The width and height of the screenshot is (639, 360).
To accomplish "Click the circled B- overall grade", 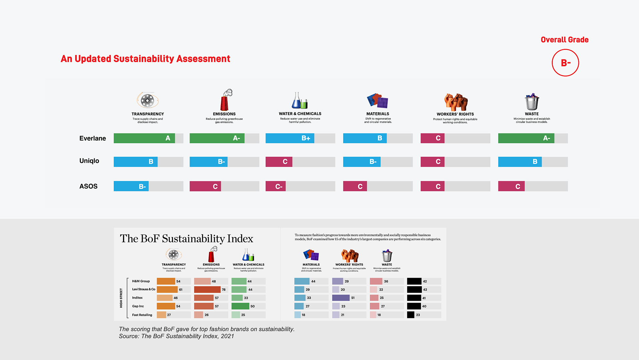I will point(565,63).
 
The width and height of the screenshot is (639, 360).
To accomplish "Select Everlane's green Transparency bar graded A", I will point(144,138).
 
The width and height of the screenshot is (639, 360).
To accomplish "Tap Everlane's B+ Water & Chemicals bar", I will point(290,138).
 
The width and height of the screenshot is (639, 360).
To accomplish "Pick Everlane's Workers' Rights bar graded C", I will point(433,138).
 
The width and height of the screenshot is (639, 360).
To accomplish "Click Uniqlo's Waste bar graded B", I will point(520,162).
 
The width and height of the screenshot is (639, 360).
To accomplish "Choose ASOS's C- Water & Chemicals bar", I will point(275,186).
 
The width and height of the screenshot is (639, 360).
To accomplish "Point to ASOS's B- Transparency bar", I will point(131,186).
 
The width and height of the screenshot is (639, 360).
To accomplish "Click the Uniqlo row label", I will point(89,161).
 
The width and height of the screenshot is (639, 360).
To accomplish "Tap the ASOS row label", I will point(88,186).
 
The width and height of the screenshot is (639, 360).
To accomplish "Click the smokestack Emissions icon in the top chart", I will point(226,100).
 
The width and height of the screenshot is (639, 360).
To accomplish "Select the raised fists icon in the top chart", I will point(456,102).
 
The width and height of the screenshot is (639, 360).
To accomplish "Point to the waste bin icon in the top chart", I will point(532,102).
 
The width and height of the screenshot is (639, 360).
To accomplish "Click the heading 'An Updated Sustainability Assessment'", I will point(145,59).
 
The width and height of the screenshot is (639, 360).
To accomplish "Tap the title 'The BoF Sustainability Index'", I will point(186,239).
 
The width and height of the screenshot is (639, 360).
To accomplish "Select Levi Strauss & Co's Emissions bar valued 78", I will point(207,290).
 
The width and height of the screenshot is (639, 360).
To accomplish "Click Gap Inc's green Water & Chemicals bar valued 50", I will point(240,306).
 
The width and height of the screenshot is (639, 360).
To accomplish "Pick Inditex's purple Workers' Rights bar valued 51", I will point(341,298).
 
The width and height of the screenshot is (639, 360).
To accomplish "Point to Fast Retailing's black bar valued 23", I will point(411,315).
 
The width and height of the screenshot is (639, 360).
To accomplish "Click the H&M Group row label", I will point(141,281).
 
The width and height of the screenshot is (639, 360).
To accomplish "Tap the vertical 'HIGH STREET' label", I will point(121,298).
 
